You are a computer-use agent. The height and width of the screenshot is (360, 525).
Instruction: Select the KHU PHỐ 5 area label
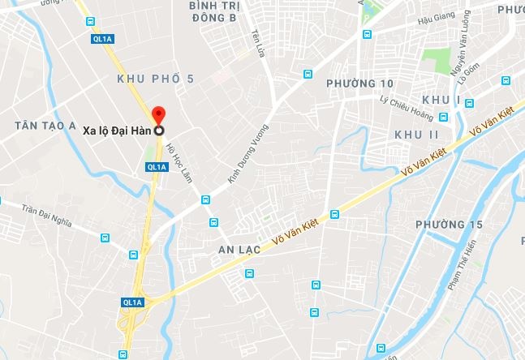(x=156, y=79)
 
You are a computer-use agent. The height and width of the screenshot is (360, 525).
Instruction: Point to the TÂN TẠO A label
(x=45, y=126)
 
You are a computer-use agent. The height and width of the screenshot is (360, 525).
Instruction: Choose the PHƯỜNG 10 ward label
(x=359, y=84)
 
